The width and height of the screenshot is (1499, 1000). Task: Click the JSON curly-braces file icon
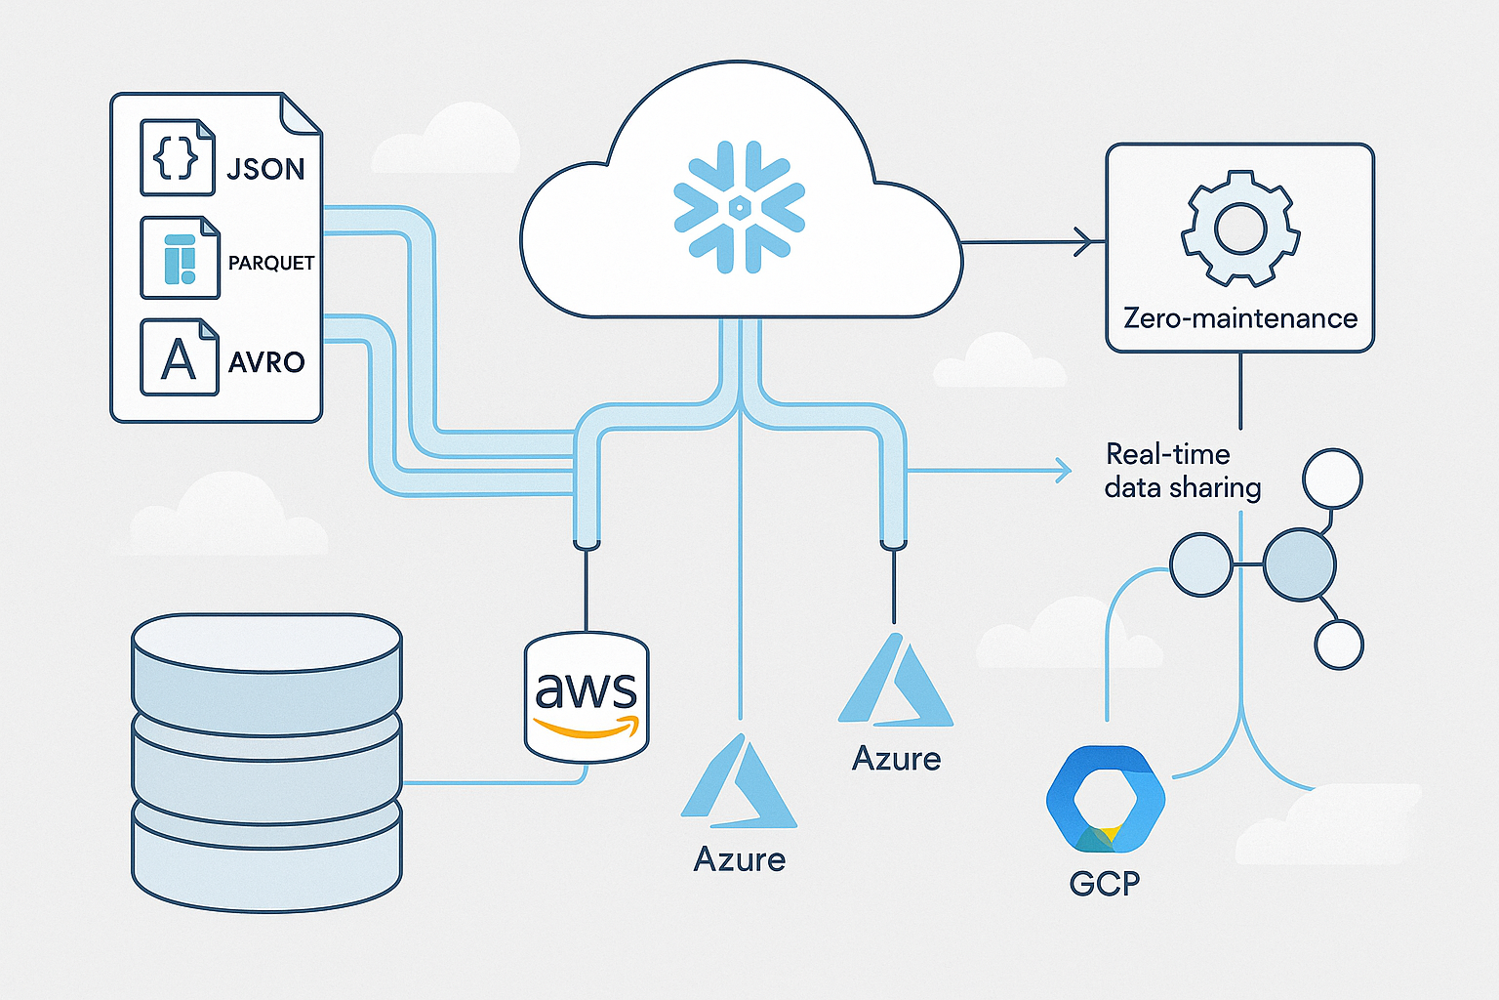click(x=177, y=158)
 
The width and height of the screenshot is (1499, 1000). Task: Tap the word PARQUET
click(x=270, y=263)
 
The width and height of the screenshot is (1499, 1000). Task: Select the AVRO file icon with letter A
click(x=179, y=357)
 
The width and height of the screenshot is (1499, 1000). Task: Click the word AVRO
click(x=266, y=362)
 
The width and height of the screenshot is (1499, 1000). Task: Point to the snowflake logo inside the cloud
click(x=740, y=207)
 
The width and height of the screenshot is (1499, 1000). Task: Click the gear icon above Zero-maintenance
click(x=1239, y=228)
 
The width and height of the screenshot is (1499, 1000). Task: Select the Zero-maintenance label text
click(x=1239, y=318)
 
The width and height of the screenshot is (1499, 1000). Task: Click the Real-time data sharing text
click(x=1182, y=471)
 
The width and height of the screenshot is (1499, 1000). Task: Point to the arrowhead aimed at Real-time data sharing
click(x=1064, y=471)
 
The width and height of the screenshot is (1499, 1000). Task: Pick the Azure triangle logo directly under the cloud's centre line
click(x=739, y=781)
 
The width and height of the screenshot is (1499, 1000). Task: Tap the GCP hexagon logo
click(x=1105, y=800)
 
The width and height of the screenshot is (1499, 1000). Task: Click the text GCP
click(x=1104, y=884)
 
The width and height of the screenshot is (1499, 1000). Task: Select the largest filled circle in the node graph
click(x=1298, y=564)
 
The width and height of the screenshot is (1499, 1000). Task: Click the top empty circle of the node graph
click(x=1332, y=479)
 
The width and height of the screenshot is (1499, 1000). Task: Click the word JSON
click(x=265, y=169)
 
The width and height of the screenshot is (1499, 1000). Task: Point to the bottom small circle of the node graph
click(x=1338, y=645)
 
